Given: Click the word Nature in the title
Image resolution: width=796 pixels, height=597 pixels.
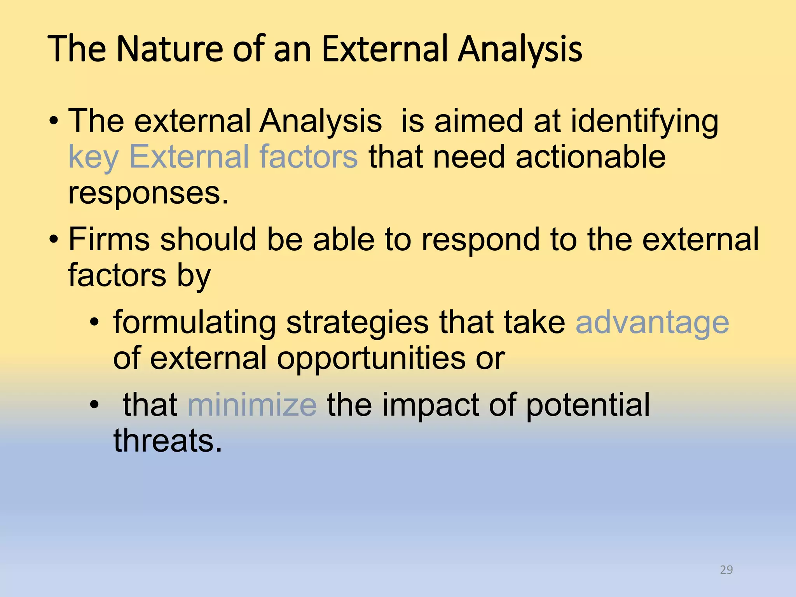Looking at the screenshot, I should [x=169, y=49].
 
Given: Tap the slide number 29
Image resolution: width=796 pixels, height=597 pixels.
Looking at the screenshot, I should [x=726, y=570].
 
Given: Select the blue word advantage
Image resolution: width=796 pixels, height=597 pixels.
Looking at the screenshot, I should [x=652, y=323].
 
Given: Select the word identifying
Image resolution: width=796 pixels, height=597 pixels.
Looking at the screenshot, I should [x=644, y=121].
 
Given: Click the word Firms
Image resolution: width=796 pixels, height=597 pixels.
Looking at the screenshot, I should [x=109, y=239].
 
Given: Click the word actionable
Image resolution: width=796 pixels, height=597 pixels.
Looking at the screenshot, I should [x=590, y=157].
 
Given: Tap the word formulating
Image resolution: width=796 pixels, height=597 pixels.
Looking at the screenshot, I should [x=194, y=323].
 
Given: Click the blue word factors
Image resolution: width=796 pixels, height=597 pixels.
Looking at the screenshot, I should [x=308, y=157].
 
